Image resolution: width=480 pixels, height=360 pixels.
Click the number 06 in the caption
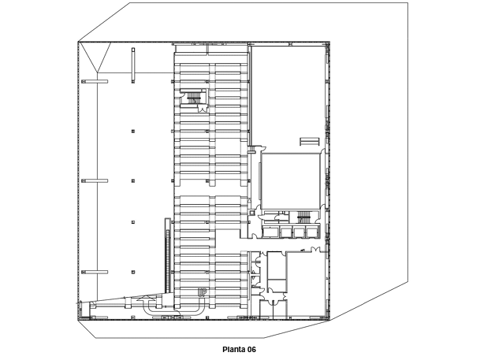point(251,349)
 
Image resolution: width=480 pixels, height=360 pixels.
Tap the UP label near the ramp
point(202,293)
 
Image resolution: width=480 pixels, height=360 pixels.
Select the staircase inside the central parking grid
point(194,98)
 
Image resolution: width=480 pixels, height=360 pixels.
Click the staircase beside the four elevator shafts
point(304,217)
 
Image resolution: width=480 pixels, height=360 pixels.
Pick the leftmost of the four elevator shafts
point(270,232)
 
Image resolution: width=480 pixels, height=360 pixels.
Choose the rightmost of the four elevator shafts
point(312,232)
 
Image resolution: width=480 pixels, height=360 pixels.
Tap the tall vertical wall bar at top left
point(133,65)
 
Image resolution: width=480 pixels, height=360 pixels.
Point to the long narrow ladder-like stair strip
point(167,254)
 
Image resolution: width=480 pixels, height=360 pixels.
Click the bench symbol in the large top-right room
point(310,142)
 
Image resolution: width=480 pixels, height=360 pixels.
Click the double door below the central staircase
point(202,108)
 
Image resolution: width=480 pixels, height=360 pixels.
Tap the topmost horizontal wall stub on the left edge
point(95,81)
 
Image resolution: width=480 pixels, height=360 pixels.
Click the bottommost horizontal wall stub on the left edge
point(95,272)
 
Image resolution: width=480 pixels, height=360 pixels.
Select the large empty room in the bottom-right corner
point(307,284)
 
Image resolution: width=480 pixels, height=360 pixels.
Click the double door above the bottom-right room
point(315,249)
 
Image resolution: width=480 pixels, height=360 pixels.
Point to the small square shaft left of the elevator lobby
point(251,213)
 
